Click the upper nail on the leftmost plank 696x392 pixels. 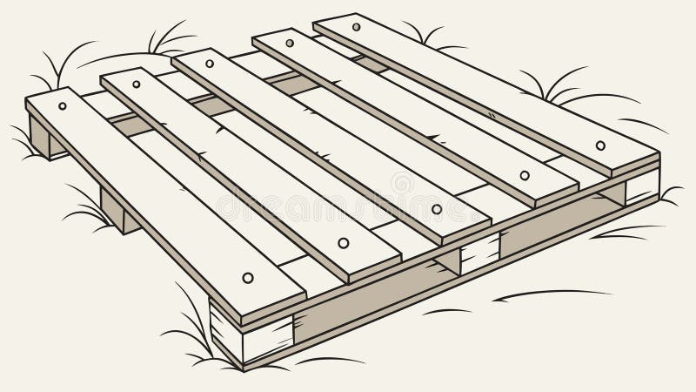pyautogui.click(x=63, y=106)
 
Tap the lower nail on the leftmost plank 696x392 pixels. pyautogui.click(x=247, y=277)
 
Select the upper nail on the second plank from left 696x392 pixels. pyautogui.click(x=137, y=84)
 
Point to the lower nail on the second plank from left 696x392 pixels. pyautogui.click(x=343, y=242)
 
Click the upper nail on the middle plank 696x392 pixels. pyautogui.click(x=210, y=64)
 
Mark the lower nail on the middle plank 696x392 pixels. pyautogui.click(x=437, y=209)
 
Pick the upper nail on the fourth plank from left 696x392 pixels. pyautogui.click(x=289, y=43)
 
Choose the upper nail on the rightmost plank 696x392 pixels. pyautogui.click(x=356, y=27)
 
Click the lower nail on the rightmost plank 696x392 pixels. pyautogui.click(x=600, y=145)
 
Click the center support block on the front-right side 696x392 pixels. pyautogui.click(x=478, y=253)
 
